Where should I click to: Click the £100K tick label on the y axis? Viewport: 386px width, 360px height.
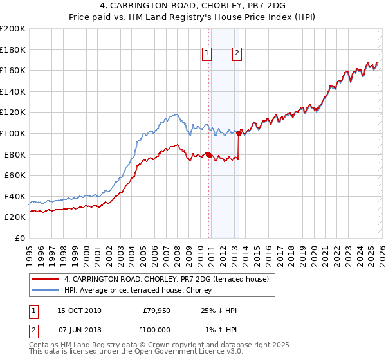(13, 133)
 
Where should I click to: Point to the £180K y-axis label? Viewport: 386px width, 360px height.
(13, 50)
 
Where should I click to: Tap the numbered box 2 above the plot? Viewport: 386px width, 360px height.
(237, 53)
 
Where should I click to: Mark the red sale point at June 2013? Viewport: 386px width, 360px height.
(239, 133)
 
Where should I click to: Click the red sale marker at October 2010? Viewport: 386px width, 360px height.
(208, 154)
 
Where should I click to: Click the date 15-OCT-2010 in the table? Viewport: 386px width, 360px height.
(79, 310)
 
